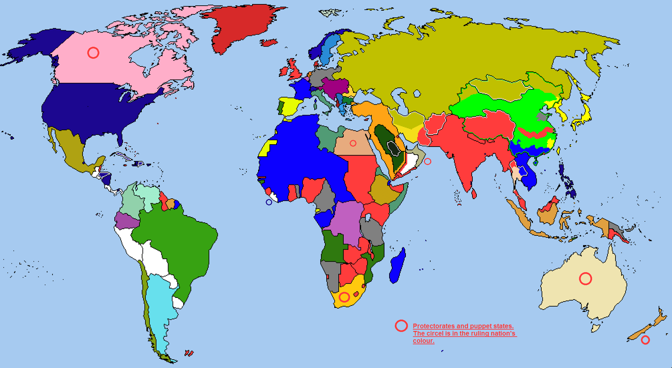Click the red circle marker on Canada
pyautogui.click(x=93, y=53)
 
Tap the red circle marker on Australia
pyautogui.click(x=585, y=278)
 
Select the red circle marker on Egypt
pyautogui.click(x=353, y=143)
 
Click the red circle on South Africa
pyautogui.click(x=344, y=297)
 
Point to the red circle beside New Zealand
pyautogui.click(x=645, y=340)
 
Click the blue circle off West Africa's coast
pyautogui.click(x=269, y=202)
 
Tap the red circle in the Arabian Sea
pyautogui.click(x=427, y=161)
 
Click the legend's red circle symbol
pyautogui.click(x=401, y=325)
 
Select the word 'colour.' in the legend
pyautogui.click(x=423, y=340)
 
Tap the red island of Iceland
pyautogui.click(x=269, y=43)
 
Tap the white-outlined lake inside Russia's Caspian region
pyautogui.click(x=417, y=94)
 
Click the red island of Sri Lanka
pyautogui.click(x=474, y=194)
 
